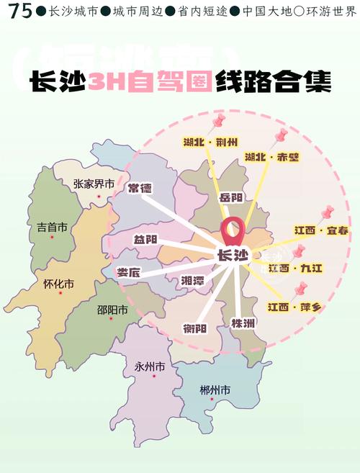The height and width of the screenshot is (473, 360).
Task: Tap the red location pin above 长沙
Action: tap(232, 232)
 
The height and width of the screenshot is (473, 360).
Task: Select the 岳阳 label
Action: tap(230, 198)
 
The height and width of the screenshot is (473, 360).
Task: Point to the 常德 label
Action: tap(140, 189)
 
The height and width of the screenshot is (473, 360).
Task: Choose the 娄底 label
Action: tap(128, 272)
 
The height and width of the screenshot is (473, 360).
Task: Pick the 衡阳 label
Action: tap(194, 328)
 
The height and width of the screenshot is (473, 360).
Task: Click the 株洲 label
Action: tap(243, 323)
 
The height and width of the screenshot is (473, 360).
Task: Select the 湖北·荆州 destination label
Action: tap(210, 143)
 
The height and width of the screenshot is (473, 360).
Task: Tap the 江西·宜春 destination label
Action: tap(321, 230)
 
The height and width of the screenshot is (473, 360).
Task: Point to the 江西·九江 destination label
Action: tap(295, 268)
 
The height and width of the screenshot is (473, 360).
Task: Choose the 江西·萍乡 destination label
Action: tap(294, 307)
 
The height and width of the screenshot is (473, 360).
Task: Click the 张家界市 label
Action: tap(94, 184)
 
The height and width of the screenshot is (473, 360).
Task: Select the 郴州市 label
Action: tap(215, 390)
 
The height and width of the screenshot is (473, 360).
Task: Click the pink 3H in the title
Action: tap(106, 81)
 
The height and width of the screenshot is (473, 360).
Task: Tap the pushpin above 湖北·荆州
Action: tap(219, 120)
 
